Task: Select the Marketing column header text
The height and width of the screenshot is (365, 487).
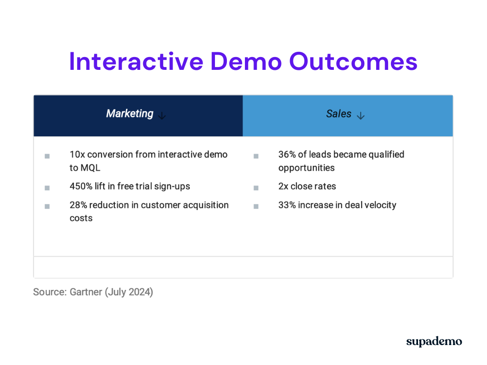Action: [x=129, y=114]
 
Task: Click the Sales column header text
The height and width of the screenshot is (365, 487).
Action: [x=339, y=114]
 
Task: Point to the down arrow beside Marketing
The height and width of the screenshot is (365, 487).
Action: [x=162, y=115]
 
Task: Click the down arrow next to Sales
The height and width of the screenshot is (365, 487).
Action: [x=360, y=115]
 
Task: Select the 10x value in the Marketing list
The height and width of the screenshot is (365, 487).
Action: [x=77, y=154]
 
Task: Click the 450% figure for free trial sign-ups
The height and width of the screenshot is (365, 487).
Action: [x=80, y=186]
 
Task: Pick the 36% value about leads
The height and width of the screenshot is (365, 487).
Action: [x=286, y=154]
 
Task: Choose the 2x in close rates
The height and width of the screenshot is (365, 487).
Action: [x=283, y=186]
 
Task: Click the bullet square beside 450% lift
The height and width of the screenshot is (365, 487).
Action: [x=47, y=188]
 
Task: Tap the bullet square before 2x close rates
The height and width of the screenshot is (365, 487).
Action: [x=256, y=188]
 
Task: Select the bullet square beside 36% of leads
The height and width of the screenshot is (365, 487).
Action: [x=256, y=156]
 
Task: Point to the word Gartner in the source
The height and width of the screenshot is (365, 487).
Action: [x=86, y=292]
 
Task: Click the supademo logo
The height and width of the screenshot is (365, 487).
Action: [x=434, y=342]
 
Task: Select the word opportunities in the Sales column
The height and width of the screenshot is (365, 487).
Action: [x=306, y=168]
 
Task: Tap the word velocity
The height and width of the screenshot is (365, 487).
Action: [x=380, y=205]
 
